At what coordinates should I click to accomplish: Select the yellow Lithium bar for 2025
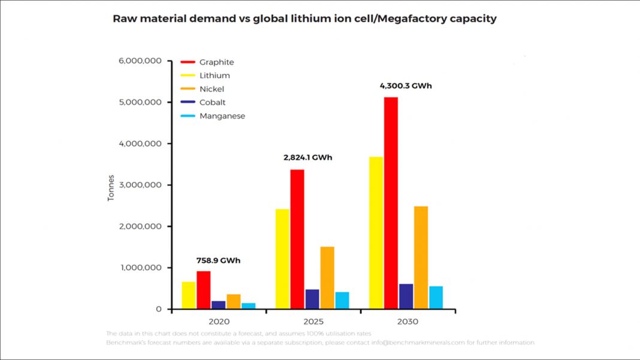(x=282, y=259)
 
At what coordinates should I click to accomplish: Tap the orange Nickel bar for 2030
(x=421, y=258)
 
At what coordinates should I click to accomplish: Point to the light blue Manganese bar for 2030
(x=436, y=298)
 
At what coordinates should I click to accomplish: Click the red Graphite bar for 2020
(x=204, y=290)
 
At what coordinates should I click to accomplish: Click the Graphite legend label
(x=216, y=62)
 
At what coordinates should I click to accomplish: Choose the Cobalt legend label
(x=213, y=102)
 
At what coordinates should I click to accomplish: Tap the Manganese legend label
(x=222, y=116)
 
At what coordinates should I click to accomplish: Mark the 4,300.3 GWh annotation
(x=406, y=86)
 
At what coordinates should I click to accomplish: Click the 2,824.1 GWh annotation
(x=307, y=158)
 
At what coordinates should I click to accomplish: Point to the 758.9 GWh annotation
(x=218, y=261)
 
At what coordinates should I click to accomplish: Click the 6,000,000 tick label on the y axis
(x=140, y=61)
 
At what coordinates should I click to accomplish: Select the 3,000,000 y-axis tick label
(x=140, y=185)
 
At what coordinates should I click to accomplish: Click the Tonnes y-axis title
(x=111, y=188)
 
